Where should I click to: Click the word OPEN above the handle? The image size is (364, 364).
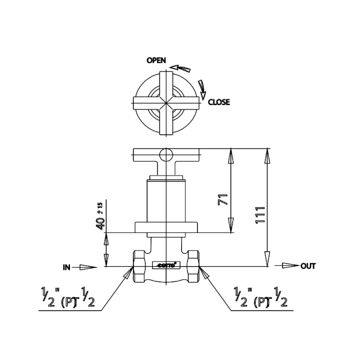(156, 61)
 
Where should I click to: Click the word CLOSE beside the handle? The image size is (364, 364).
(219, 102)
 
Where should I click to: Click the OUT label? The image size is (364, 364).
(308, 266)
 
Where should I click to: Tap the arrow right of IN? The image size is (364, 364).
(87, 267)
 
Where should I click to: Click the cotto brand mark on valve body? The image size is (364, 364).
(165, 265)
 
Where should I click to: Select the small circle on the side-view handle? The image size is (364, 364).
(165, 154)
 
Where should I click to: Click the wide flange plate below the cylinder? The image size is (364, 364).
(165, 227)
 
